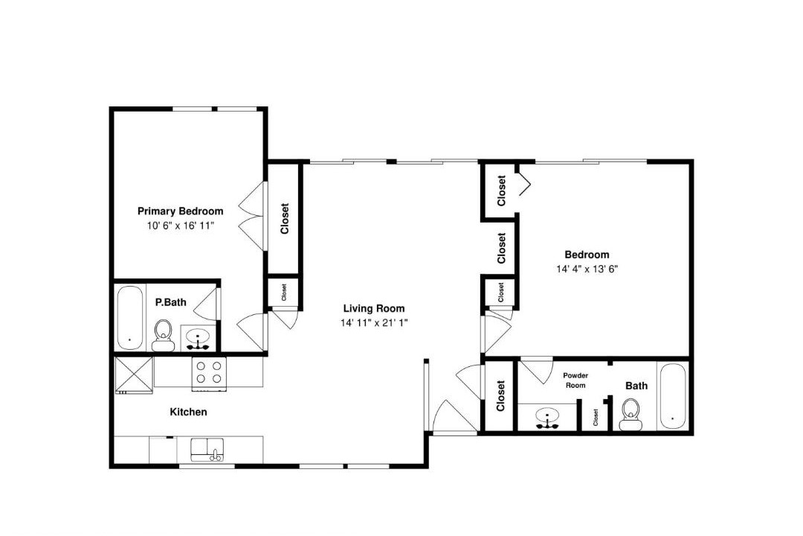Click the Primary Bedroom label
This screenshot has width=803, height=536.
180,211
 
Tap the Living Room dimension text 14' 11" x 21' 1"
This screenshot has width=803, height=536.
374,322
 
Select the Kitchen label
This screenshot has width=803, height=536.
188,412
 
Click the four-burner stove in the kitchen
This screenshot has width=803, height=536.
210,374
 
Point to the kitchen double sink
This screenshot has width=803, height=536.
207,450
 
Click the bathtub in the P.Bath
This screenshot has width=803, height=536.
129,317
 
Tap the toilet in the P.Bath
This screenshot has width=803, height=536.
164,335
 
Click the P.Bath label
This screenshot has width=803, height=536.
170,302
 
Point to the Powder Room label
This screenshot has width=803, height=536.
575,380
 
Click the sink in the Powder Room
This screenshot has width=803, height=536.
547,418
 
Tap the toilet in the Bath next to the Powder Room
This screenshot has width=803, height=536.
631,415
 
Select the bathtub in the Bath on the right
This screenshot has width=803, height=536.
672,396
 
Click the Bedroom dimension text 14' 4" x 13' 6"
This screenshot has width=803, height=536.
587,269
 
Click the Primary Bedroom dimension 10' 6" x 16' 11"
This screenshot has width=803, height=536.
180,225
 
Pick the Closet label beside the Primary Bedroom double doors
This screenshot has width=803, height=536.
285,219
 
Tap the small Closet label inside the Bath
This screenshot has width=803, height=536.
596,417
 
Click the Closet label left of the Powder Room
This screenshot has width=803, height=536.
500,395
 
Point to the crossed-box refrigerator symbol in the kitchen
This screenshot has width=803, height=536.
134,375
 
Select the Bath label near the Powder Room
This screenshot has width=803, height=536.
636,386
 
